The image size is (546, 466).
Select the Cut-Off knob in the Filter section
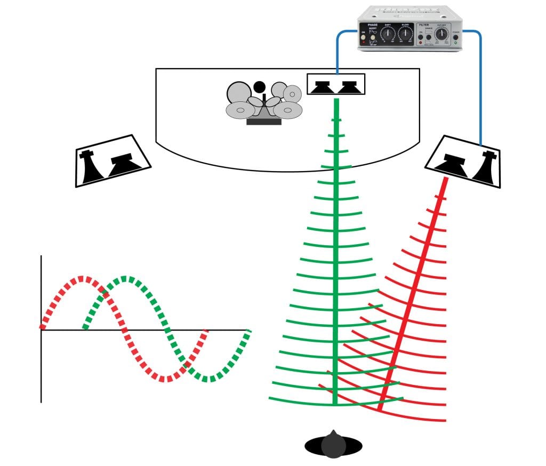point(440,35)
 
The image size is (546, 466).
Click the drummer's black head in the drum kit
point(259,86)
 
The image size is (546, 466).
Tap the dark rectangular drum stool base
point(263,122)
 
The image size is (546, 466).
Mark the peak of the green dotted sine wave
point(125,278)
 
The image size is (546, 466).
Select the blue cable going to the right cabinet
point(480,85)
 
